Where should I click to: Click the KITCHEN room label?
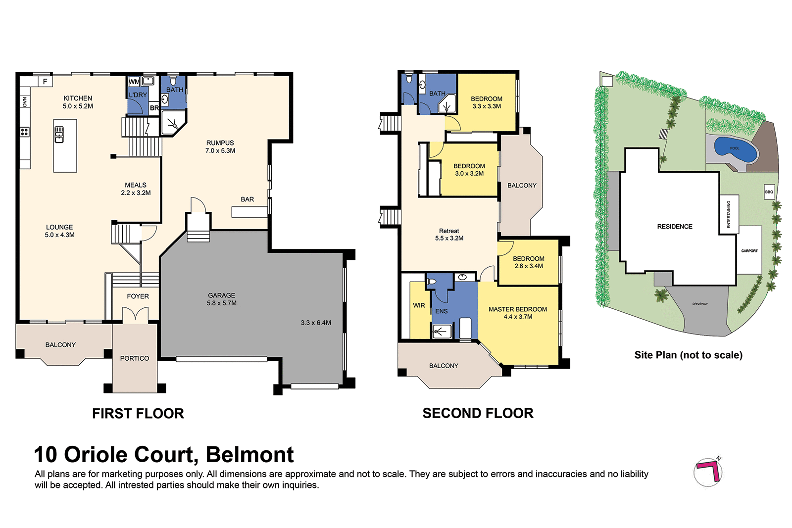point(78,98)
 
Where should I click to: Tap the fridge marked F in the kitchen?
point(45,82)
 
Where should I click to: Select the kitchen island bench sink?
point(59,134)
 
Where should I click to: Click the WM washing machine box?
point(134,82)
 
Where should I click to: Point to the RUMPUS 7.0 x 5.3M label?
point(220,146)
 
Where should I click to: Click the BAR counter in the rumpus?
point(249,212)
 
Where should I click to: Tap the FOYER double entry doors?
point(135,315)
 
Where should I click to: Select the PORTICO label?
point(134,358)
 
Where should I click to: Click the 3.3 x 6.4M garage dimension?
point(316,323)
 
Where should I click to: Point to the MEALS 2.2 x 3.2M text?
point(136,189)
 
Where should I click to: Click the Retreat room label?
point(449,231)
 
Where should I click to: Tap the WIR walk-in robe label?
point(419,305)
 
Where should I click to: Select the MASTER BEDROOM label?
point(518,309)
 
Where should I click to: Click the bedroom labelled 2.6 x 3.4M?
point(529,262)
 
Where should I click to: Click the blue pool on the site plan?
point(735,149)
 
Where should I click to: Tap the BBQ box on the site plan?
point(769,192)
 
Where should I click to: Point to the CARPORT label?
point(749,251)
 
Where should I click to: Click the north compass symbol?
point(708,472)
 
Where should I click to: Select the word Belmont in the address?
point(249,455)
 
